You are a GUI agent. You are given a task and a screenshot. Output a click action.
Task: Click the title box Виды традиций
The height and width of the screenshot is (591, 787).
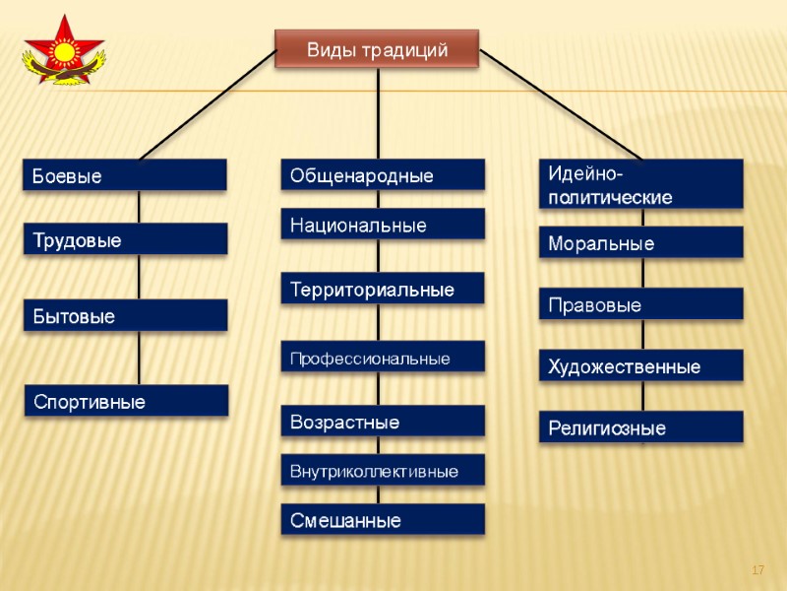coord(378,49)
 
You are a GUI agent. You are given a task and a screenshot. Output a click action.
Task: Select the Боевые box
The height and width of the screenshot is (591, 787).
coord(126,175)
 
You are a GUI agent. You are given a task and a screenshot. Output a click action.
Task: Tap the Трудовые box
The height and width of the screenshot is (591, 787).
coord(126,239)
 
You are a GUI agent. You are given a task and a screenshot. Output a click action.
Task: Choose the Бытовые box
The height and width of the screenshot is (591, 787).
coord(126,316)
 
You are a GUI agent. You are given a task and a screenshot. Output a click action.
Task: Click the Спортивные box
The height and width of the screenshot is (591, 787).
coord(126,401)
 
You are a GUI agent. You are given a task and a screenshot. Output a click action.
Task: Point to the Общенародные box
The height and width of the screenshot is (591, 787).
coord(384,175)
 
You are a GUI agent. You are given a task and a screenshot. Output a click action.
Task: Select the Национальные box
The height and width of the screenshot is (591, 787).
coord(384,225)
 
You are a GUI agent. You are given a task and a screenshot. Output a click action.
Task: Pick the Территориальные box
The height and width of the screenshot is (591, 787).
coord(384,289)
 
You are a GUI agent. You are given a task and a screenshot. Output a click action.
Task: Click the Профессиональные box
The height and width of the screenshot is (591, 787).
coord(384,358)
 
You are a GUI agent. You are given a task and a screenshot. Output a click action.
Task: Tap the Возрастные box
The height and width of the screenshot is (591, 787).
coord(384,422)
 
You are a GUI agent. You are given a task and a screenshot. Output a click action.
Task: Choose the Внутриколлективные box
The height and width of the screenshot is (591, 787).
coord(384,471)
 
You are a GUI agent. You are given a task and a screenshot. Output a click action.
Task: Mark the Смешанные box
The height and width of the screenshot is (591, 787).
coord(384,519)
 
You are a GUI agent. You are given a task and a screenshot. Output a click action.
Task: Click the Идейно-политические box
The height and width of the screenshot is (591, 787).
coord(641,184)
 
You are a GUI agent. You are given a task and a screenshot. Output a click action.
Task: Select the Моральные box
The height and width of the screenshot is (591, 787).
coord(641,242)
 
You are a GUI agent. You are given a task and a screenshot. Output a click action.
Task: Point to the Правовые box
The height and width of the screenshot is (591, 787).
coord(641,304)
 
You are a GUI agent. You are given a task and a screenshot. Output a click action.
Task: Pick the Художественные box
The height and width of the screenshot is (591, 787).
coord(641,366)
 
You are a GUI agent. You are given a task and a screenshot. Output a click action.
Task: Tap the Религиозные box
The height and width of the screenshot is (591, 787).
coord(641,427)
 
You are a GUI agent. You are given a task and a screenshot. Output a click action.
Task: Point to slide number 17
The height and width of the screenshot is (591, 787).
coord(758,570)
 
